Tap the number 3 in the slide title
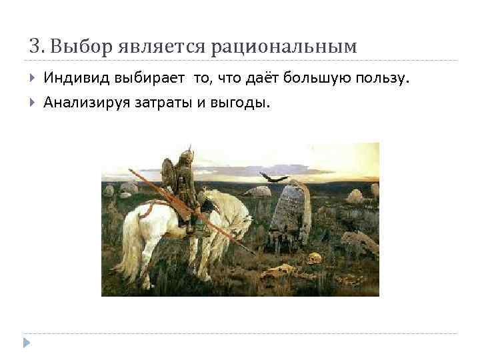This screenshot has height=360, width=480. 34,47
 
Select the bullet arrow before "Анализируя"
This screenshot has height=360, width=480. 33,102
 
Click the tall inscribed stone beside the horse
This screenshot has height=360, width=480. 291,210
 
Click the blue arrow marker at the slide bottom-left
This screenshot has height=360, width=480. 26,342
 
